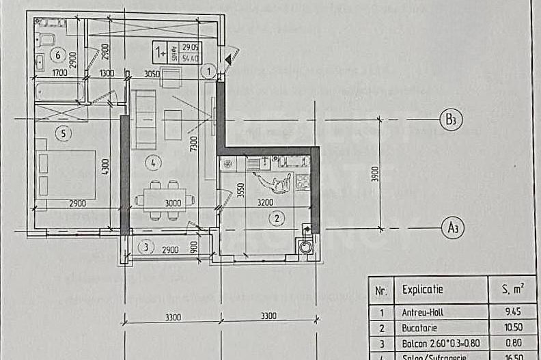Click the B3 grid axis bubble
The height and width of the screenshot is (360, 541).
click(x=449, y=120)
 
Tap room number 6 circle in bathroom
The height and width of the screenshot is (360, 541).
click(x=58, y=55)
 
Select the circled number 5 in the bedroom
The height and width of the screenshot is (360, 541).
click(x=63, y=134)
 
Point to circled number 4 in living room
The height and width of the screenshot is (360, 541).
click(x=154, y=163)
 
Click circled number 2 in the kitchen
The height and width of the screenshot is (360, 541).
click(x=276, y=219)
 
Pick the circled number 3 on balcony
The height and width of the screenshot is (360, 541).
click(x=142, y=248)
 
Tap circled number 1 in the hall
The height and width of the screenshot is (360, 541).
click(x=210, y=69)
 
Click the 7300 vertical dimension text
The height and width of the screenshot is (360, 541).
click(x=195, y=144)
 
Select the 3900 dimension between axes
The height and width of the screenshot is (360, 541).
click(x=374, y=175)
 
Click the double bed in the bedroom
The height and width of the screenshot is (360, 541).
click(x=67, y=174)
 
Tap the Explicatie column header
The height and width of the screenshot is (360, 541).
click(x=423, y=289)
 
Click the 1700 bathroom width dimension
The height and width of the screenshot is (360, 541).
click(x=59, y=73)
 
